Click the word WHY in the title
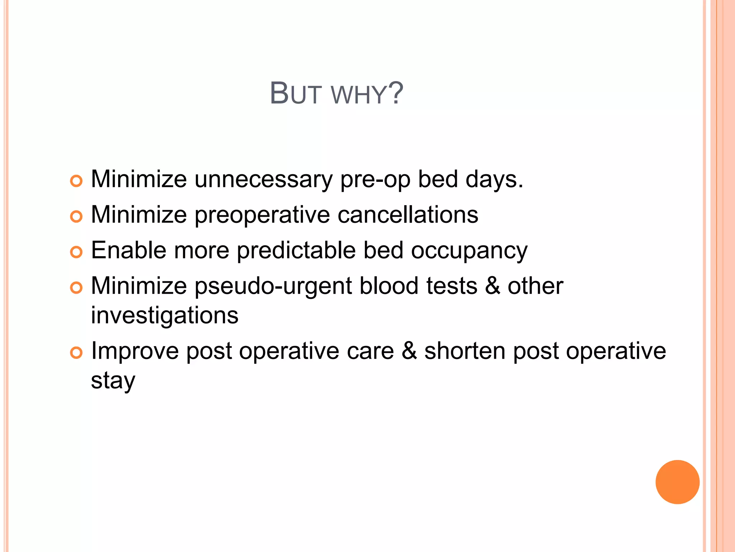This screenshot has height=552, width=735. [358, 95]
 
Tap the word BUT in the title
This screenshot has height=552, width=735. [295, 94]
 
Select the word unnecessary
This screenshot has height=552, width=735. [263, 179]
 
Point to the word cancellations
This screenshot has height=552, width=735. [408, 215]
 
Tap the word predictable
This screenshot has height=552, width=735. [296, 250]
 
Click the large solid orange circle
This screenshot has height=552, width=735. [677, 482]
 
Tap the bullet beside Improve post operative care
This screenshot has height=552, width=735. [76, 353]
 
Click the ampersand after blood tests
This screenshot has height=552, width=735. [492, 286]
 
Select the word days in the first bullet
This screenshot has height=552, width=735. [494, 179]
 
